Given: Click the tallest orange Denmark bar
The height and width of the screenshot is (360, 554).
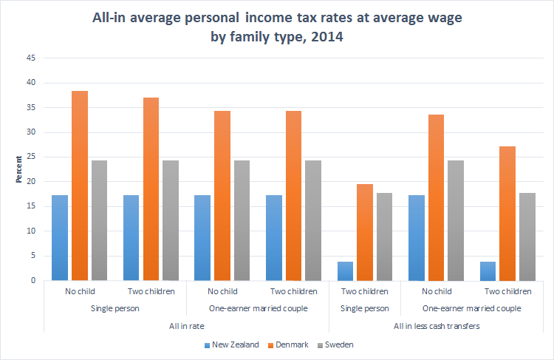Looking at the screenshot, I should coord(80,186).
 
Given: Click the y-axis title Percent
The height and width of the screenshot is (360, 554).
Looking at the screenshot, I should coord(18,169).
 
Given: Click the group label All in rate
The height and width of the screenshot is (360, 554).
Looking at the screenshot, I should coord(185,325).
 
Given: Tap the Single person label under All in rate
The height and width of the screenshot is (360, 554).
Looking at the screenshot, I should coord(114,308).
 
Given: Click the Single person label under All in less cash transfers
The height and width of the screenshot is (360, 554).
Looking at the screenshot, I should coord(365,308).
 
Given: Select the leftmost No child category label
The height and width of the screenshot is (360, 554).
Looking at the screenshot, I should coord(79,291).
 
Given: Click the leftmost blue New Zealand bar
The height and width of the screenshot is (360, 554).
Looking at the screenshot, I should coord(60,237).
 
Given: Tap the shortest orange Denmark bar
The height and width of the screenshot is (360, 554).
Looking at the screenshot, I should coord(365,232).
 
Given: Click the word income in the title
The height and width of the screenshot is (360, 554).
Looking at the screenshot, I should coord(272,16).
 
